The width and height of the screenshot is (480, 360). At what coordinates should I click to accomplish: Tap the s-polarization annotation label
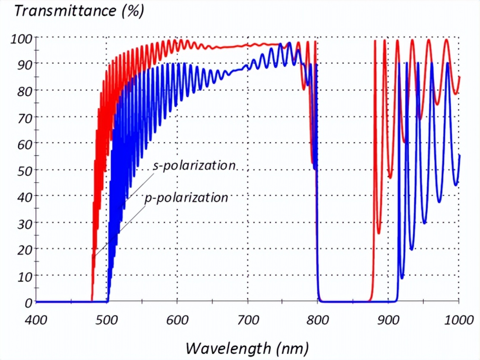(x=195, y=166)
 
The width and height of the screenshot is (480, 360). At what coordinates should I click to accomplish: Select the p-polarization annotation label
(x=186, y=198)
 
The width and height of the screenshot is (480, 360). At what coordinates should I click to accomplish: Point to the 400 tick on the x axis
(x=36, y=320)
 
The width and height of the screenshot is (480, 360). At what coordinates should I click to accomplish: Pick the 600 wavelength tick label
(x=177, y=320)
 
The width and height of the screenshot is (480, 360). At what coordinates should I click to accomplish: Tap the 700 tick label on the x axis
(x=247, y=320)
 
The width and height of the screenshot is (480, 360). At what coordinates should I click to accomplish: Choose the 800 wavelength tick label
(x=318, y=320)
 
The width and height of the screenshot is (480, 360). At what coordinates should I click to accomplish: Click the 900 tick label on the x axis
(x=388, y=320)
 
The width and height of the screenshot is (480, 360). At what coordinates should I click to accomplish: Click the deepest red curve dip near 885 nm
(x=379, y=233)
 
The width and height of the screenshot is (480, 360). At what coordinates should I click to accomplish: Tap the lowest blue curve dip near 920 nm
(x=402, y=278)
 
